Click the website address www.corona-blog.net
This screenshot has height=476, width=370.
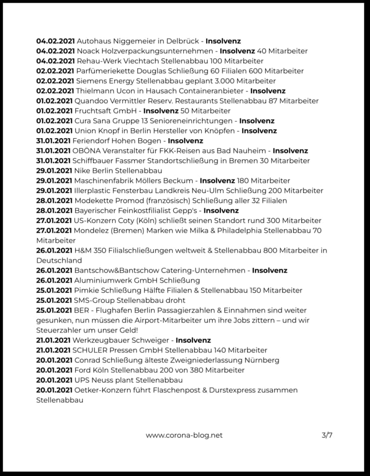pyautogui.click(x=184, y=436)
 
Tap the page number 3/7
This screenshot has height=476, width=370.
pyautogui.click(x=327, y=436)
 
